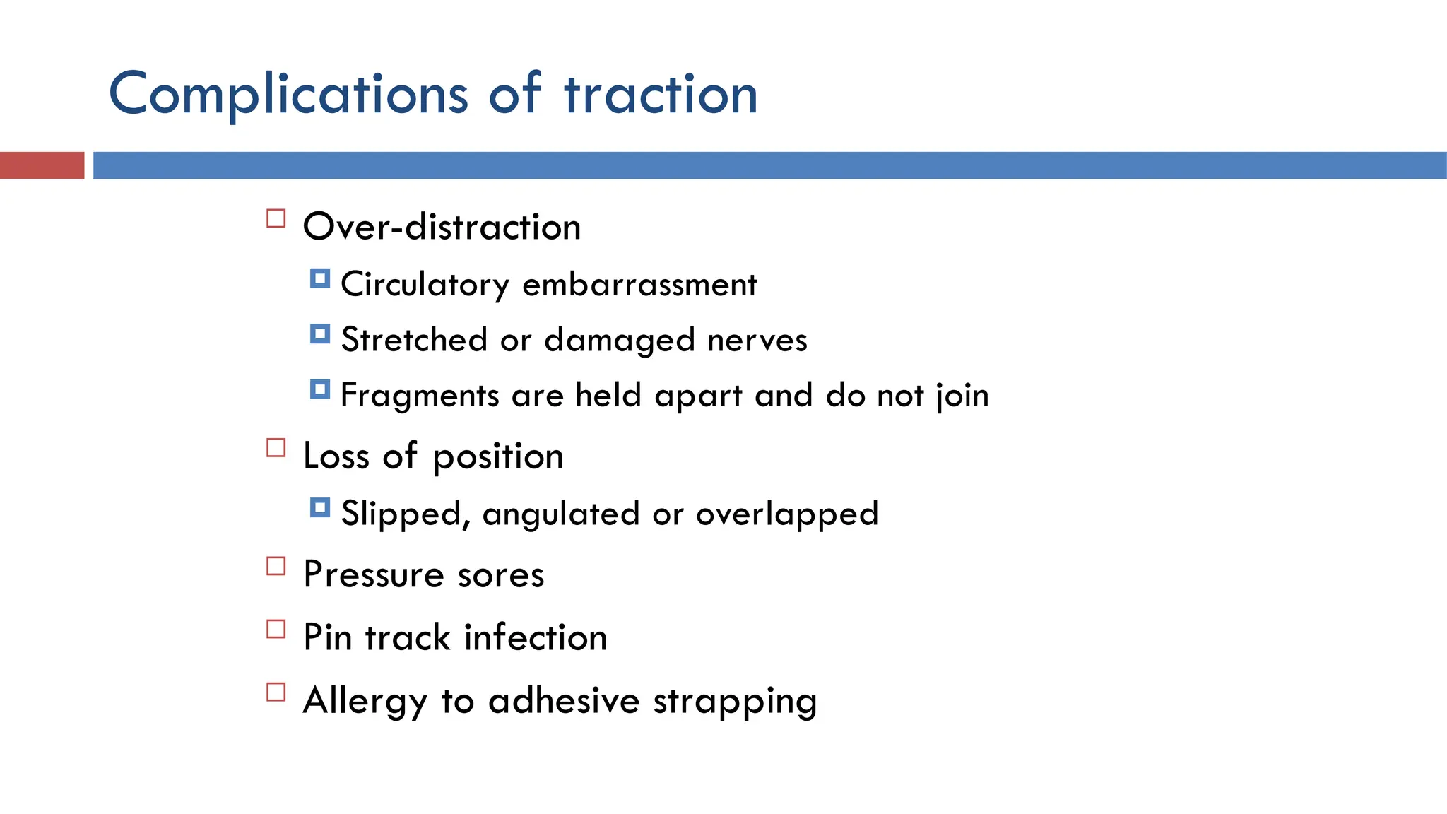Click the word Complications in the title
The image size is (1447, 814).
(288, 94)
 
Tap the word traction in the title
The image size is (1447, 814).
(661, 94)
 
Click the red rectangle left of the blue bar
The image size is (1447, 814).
(42, 165)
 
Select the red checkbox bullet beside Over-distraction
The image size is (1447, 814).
(276, 218)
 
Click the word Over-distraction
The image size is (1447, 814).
(442, 227)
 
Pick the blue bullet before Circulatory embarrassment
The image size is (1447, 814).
(320, 278)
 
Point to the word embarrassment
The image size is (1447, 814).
(639, 285)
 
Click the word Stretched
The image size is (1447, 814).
(414, 340)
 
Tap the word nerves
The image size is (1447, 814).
(757, 340)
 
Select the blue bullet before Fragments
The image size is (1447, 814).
(320, 389)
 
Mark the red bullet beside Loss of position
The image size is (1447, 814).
(276, 448)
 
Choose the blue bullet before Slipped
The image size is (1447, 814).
(320, 507)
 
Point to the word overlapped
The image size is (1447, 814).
(787, 514)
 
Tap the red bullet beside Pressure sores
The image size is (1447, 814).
(276, 566)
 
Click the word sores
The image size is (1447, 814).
(501, 574)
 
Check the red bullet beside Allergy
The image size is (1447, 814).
(276, 692)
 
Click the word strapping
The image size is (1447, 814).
(735, 702)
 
